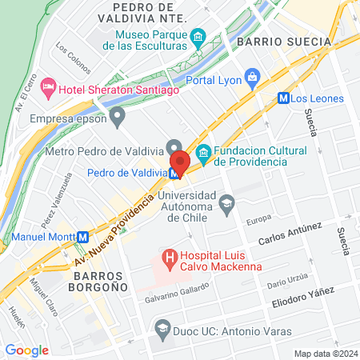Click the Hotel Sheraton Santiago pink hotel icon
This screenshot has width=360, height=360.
coord(48,86)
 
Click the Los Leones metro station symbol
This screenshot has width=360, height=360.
coord(282,98)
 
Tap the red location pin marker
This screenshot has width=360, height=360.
coord(179,163)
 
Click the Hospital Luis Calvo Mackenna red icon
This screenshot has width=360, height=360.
coord(169,258)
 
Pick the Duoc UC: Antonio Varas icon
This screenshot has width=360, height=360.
coord(163,330)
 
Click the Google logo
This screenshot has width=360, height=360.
coord(26,350)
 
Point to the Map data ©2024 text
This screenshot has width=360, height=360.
coord(324,354)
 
